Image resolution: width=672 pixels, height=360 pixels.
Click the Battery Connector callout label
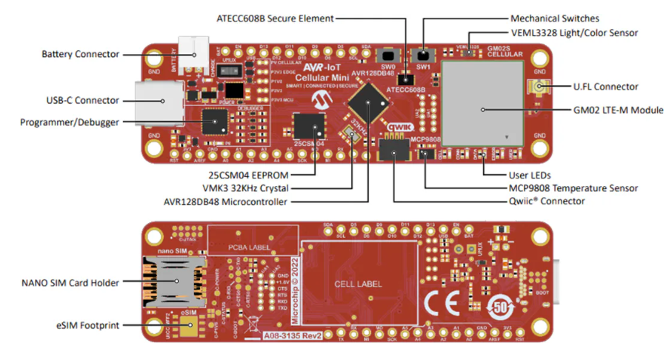point(80,54)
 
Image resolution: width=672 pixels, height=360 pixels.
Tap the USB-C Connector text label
point(81,100)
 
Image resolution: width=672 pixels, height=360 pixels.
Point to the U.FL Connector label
point(605,87)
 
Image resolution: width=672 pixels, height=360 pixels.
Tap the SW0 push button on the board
point(386,56)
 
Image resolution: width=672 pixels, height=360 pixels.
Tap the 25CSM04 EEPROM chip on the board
point(307,125)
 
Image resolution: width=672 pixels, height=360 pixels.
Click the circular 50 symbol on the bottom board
point(502,304)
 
